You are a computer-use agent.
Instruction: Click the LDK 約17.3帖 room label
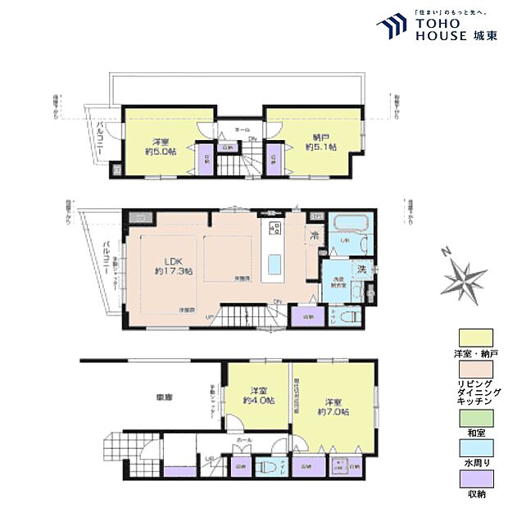[174, 265]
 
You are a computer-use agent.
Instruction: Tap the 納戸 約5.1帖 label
[320, 142]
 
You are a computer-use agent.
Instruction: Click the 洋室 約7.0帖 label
[334, 407]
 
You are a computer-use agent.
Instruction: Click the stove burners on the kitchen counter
[274, 227]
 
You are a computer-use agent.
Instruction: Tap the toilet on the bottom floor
[265, 467]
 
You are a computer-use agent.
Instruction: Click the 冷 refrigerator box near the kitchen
[315, 237]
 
